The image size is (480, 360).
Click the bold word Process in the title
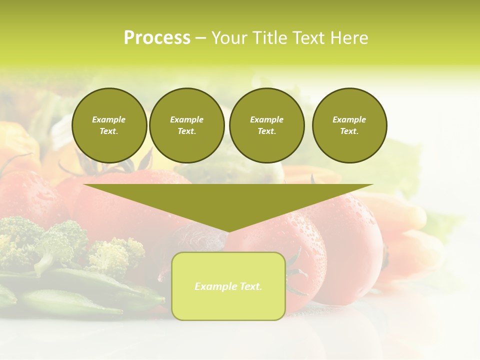point(157,38)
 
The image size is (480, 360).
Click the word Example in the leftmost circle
point(109,119)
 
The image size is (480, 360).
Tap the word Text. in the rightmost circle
point(349,131)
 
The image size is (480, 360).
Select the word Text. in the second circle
point(186,131)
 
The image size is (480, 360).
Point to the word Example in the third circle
point(266,119)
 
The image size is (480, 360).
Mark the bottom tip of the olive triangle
point(228,231)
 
